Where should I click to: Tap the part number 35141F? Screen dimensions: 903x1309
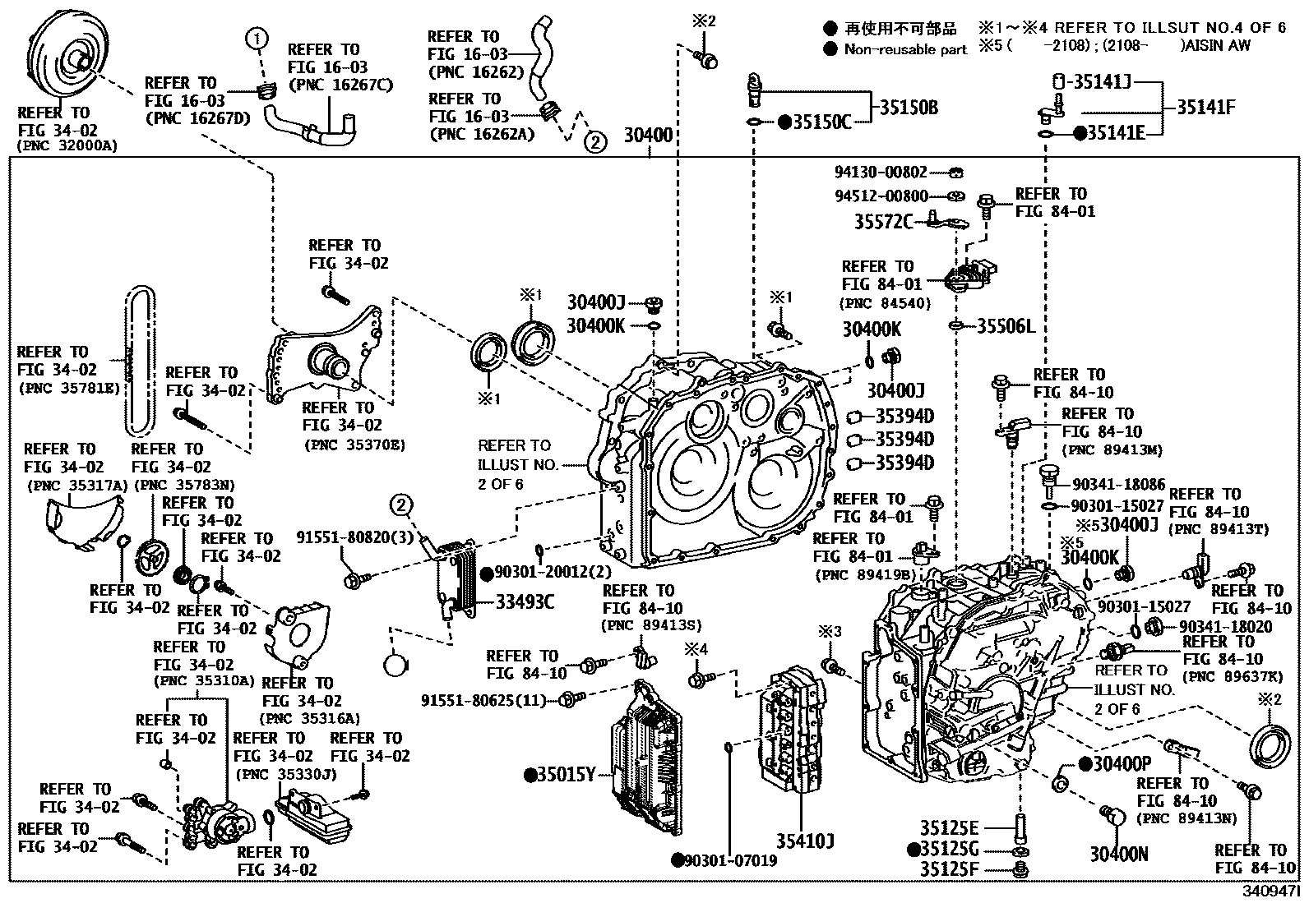[1205, 107]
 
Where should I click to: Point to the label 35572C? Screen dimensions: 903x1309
[882, 222]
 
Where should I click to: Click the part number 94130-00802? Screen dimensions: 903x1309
[880, 173]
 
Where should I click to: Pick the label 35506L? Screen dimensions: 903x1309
[1006, 327]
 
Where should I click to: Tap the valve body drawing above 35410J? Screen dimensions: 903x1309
[792, 727]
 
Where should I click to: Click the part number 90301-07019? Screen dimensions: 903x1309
[730, 860]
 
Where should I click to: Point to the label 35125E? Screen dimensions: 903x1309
[949, 827]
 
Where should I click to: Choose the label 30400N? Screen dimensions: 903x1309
[1118, 855]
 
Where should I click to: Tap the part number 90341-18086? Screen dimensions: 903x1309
[1118, 485]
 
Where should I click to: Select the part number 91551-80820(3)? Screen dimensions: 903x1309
[354, 538]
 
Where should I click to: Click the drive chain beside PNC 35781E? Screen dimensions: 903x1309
[141, 361]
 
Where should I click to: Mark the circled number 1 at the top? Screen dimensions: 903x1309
[257, 38]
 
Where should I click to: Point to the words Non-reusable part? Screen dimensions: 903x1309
[905, 49]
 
